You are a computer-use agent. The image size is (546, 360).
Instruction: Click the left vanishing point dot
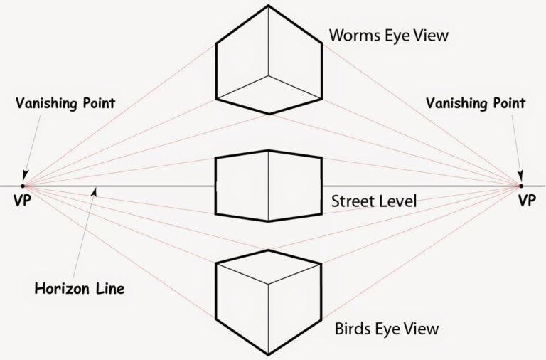[x=23, y=186]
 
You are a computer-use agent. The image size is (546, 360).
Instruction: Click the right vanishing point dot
[x=521, y=186]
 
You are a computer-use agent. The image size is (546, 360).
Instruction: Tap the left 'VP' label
[x=22, y=201]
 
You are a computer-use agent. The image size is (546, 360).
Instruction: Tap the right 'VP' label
[x=526, y=201]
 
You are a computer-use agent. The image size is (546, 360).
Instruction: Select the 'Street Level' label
[x=374, y=201]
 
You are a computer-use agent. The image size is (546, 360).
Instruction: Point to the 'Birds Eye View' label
[x=386, y=329]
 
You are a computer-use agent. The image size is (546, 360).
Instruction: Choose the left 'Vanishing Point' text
[x=65, y=103]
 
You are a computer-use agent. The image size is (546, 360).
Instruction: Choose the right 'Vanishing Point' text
[x=476, y=103]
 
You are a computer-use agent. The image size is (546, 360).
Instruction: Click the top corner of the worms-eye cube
[x=268, y=6]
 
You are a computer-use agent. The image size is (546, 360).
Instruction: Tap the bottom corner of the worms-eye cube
[x=268, y=114]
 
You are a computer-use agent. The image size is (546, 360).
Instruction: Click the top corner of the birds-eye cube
[x=268, y=250]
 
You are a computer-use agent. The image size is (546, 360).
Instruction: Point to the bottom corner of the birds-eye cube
[x=268, y=354]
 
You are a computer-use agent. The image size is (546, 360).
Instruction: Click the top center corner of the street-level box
[x=268, y=150]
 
